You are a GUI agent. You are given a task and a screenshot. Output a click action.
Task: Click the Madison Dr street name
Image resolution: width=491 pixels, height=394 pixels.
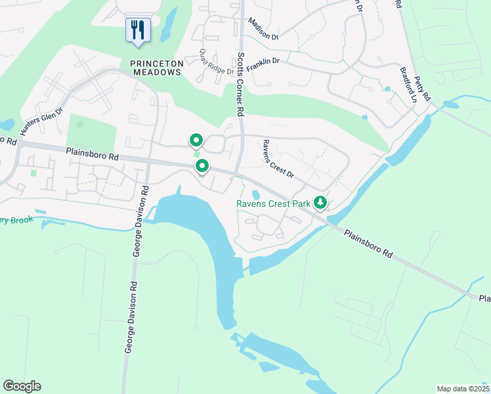(x=263, y=29)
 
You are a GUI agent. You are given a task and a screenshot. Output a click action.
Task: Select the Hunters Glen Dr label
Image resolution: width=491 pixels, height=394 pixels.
(x=41, y=122)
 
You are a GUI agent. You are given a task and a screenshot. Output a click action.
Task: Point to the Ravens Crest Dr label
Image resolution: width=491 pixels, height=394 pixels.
(x=277, y=158)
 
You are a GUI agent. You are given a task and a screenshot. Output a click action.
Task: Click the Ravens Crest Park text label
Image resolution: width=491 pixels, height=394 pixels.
(x=273, y=204)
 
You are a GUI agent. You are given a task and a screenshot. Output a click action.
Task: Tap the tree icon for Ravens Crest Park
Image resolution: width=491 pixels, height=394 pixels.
(x=320, y=202)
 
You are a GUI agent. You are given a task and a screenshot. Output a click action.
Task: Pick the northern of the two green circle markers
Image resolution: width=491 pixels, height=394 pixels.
(x=196, y=141)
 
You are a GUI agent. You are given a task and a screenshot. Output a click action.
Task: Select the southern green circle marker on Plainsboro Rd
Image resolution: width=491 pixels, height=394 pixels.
(x=202, y=166)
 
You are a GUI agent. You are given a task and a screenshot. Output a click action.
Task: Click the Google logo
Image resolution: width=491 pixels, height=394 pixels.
(x=22, y=386)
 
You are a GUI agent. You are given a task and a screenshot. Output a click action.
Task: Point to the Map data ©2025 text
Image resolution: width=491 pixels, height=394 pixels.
(x=463, y=389)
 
